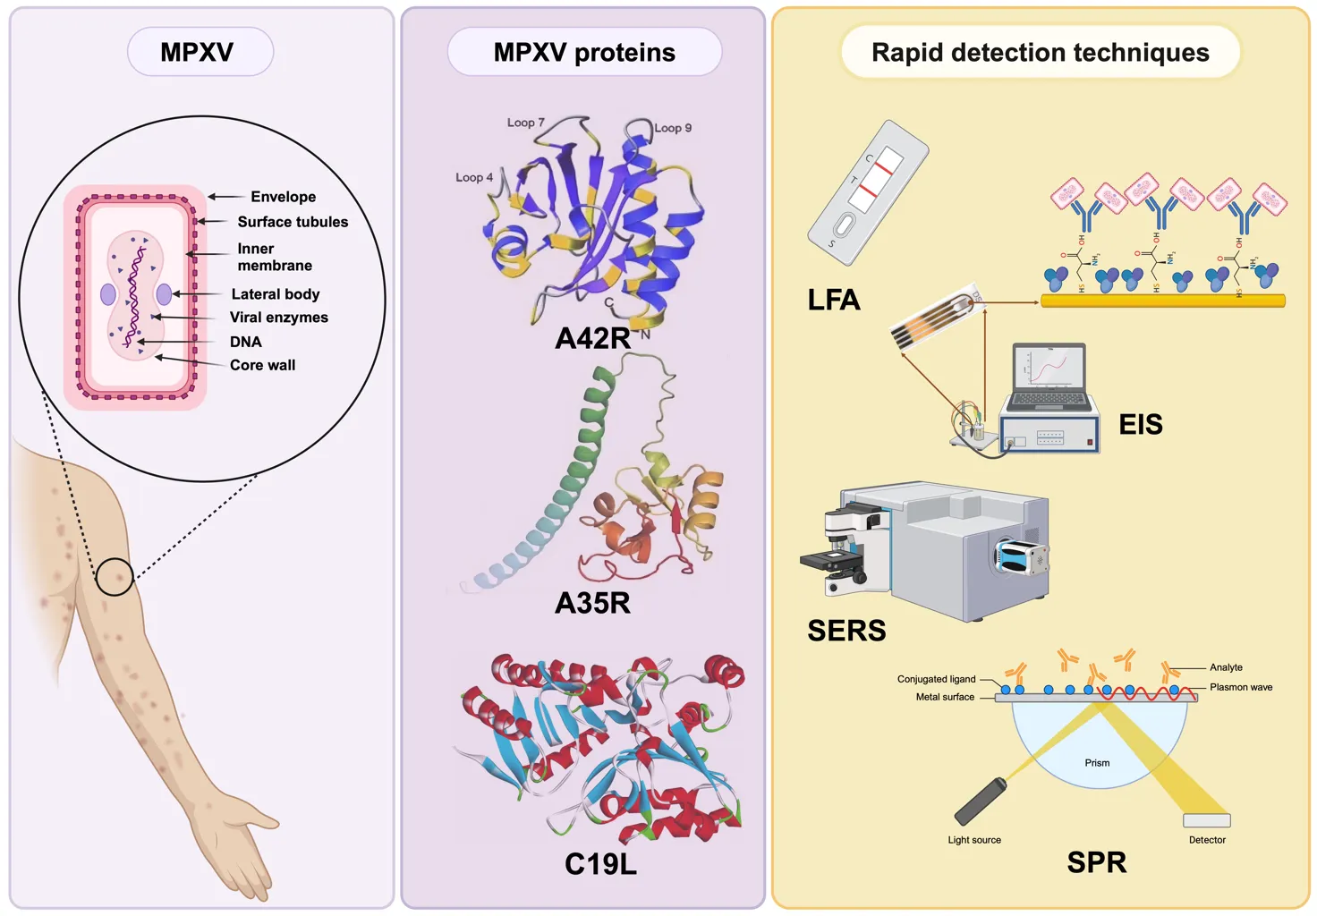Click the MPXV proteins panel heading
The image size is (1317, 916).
click(584, 53)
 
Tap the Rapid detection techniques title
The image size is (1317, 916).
click(1040, 53)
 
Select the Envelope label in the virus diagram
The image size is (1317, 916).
click(283, 197)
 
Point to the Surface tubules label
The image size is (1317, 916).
click(293, 222)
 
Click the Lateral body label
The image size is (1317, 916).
click(275, 294)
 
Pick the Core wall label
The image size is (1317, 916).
click(262, 365)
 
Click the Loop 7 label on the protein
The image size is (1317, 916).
click(525, 123)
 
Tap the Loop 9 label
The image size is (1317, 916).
click(673, 128)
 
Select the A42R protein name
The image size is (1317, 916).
click(592, 338)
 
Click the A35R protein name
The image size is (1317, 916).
click(592, 603)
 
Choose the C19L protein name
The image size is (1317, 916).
click(600, 864)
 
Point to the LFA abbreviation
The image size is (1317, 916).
click(833, 300)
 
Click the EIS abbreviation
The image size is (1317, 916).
click(1141, 424)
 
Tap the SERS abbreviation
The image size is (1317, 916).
click(846, 631)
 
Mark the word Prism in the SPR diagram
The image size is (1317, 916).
click(1097, 763)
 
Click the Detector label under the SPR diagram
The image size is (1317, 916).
click(1207, 840)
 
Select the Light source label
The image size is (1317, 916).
click(974, 840)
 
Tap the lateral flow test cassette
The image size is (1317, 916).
click(867, 193)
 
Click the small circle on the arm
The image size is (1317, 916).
click(115, 577)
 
